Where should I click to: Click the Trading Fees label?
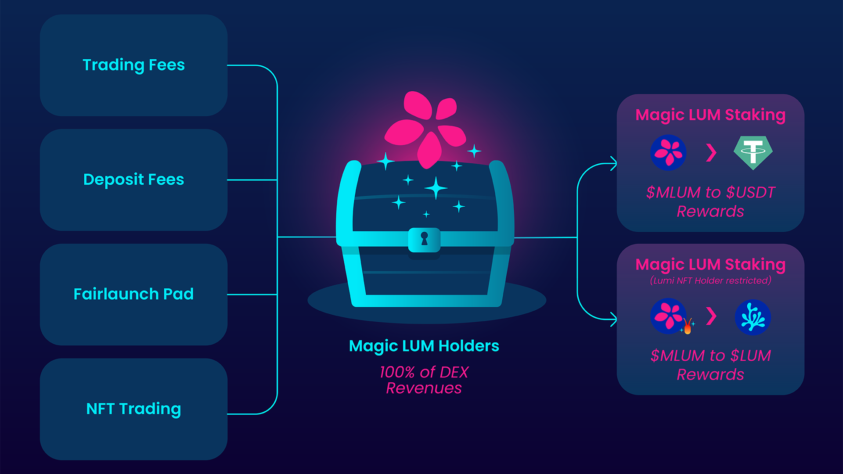133,65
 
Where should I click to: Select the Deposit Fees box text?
133,180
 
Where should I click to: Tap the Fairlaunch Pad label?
133,294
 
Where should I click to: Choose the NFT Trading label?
133,409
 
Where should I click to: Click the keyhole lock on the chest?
424,239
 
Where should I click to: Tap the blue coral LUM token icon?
753,317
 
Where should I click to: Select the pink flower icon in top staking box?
668,153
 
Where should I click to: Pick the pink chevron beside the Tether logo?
711,153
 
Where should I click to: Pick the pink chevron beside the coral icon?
711,316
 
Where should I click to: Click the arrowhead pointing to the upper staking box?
614,164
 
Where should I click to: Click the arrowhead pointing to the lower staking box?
614,319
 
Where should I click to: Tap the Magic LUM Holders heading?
424,346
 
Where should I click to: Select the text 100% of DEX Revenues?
424,380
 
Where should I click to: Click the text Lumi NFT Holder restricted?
710,280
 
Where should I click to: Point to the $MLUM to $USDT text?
710,193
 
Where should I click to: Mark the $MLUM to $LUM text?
710,355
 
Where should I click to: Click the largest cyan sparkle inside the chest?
436,188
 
